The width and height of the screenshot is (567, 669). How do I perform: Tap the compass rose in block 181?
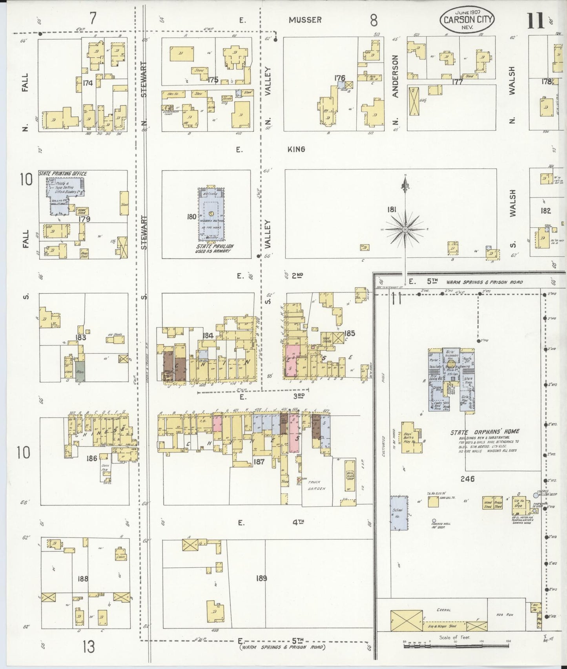pyautogui.click(x=405, y=229)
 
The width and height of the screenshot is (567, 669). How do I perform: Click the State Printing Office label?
pyautogui.click(x=63, y=174)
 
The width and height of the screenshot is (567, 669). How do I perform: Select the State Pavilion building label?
pyautogui.click(x=214, y=246)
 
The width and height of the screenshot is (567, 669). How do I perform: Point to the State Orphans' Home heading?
pyautogui.click(x=485, y=432)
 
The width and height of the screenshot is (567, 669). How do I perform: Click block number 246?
pyautogui.click(x=468, y=479)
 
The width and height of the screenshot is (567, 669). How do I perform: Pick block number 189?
pyautogui.click(x=261, y=578)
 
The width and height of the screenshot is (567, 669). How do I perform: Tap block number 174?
pyautogui.click(x=88, y=83)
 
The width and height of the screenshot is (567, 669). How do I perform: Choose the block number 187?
pyautogui.click(x=259, y=462)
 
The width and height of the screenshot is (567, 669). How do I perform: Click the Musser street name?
pyautogui.click(x=305, y=20)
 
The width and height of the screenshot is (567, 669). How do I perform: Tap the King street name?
pyautogui.click(x=296, y=149)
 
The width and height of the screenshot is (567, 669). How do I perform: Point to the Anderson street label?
pyautogui.click(x=395, y=76)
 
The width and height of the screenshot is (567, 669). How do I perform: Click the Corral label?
pyautogui.click(x=443, y=610)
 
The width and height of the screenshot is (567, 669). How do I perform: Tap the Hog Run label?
pyautogui.click(x=507, y=614)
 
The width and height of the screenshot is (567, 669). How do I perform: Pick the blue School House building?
pyautogui.click(x=398, y=514)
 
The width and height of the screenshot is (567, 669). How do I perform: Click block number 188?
pyautogui.click(x=83, y=579)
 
